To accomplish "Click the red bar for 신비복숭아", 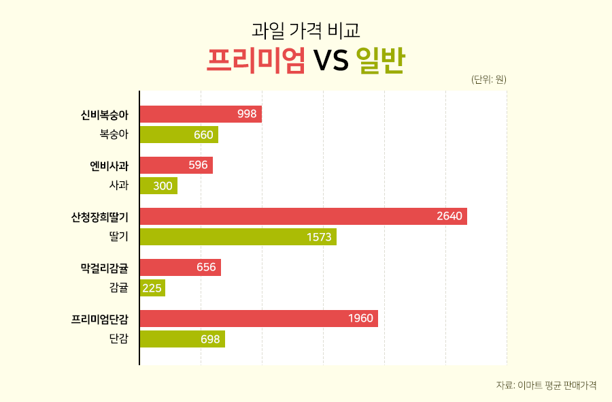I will coord(201,114).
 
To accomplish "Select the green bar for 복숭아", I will coord(179,135).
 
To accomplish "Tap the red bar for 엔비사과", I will coord(176,166).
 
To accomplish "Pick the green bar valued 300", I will coord(158,186).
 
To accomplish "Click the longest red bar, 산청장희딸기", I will coord(303,217).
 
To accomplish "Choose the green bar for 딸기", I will coord(238,237).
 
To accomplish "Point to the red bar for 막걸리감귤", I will coord(180,268).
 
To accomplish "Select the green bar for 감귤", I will coord(152,288).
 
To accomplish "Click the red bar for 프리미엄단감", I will coord(258,319).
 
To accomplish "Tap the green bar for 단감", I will coord(182,339).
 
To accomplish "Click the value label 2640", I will coord(449,217).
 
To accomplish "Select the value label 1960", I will coord(360,319).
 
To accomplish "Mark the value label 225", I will coord(152,288).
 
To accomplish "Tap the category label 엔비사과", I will coord(109,166).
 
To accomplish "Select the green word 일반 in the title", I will coord(380,61).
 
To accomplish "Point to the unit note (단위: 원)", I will coord(488,80).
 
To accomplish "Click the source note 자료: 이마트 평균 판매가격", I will coord(546,385).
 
